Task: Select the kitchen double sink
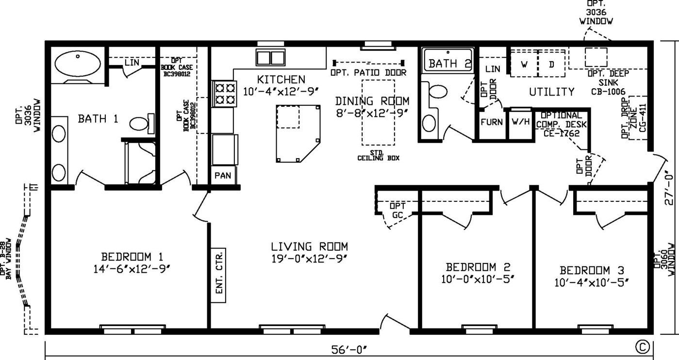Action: pos(270,58)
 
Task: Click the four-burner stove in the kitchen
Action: pos(224,93)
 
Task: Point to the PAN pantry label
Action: pos(223,176)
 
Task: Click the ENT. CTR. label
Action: pos(219,275)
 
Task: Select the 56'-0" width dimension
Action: pos(348,350)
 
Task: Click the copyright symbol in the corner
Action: pos(642,347)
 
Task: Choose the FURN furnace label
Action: pos(492,122)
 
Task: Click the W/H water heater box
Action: pos(520,124)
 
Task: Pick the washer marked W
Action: pos(524,64)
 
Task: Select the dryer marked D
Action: pos(552,64)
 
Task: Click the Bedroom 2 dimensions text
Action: pos(478,279)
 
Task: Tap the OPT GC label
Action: pos(397,211)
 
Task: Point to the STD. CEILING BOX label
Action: pos(378,155)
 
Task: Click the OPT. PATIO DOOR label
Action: pos(368,73)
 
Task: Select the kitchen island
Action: pos(298,133)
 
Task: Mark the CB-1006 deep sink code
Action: pos(608,91)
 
